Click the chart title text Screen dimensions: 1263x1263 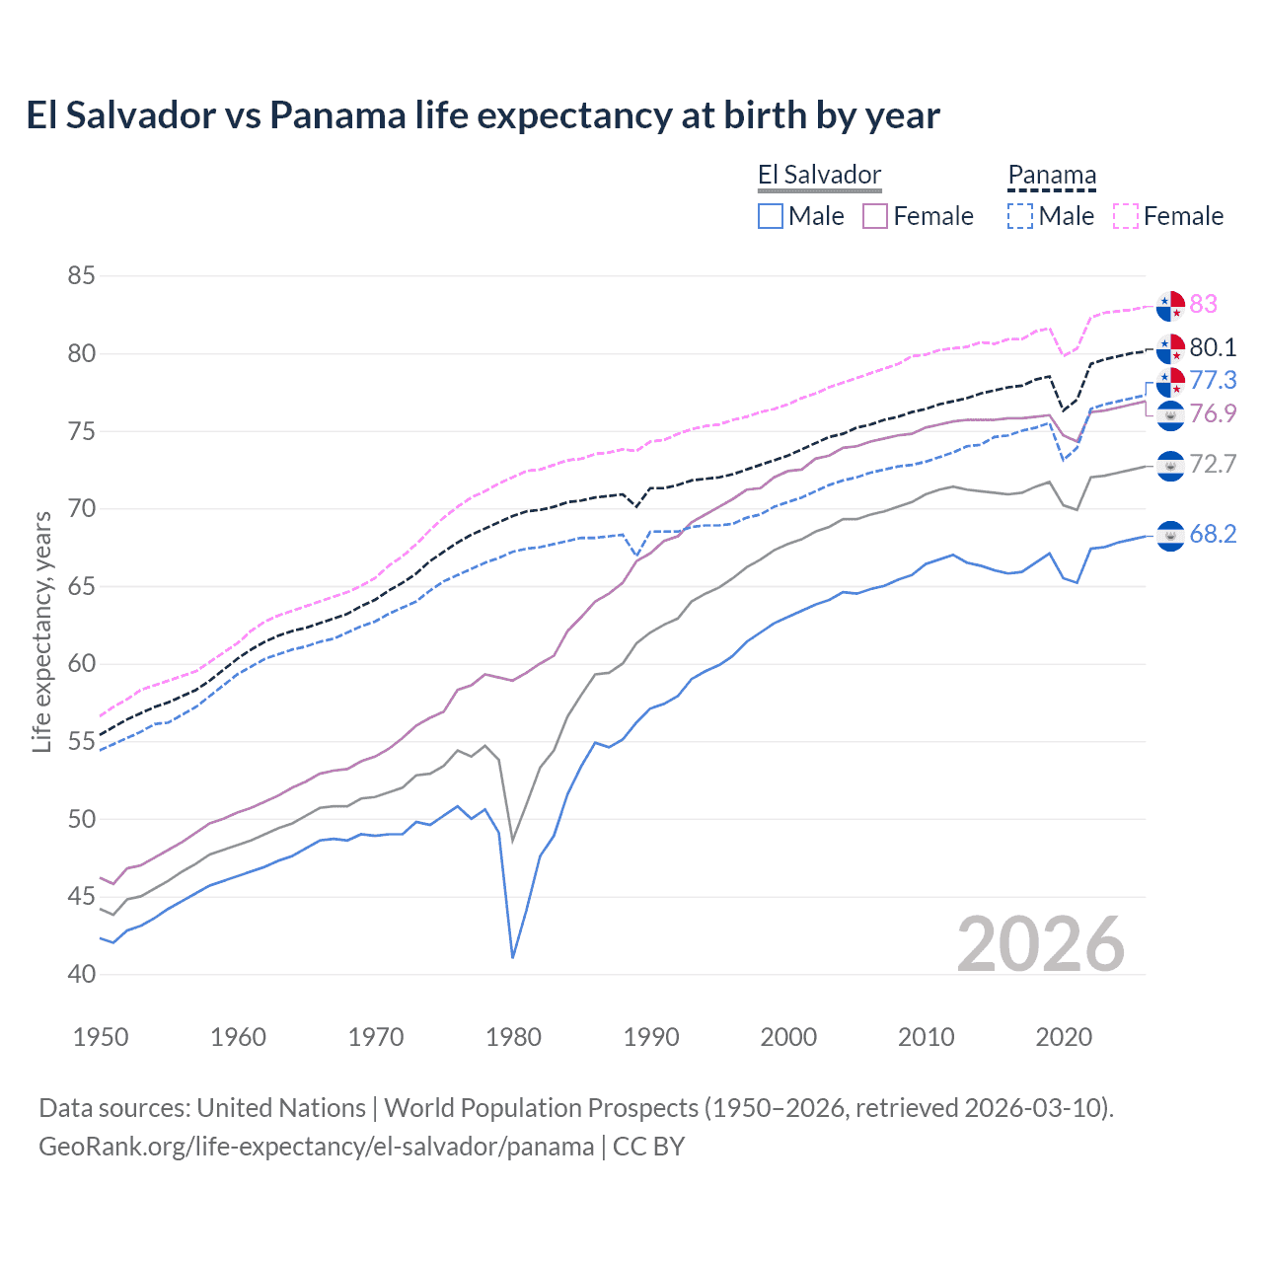[x=483, y=115]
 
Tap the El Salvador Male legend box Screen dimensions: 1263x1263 [x=771, y=216]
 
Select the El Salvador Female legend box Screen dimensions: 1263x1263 [x=875, y=216]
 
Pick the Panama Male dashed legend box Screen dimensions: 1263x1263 [x=1020, y=216]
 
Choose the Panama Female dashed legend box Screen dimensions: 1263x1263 [x=1126, y=216]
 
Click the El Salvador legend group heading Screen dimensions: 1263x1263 [x=819, y=176]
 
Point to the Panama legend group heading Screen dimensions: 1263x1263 [x=1052, y=176]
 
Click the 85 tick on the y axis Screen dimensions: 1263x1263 [x=81, y=275]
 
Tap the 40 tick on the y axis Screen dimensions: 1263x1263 [x=81, y=974]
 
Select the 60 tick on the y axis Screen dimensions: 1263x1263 [x=81, y=663]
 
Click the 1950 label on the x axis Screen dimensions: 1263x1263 [x=101, y=1037]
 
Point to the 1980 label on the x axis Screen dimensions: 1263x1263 [x=513, y=1037]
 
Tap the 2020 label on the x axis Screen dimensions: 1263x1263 [x=1064, y=1037]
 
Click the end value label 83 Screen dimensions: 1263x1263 [x=1203, y=304]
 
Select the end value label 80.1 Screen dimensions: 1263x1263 [x=1213, y=347]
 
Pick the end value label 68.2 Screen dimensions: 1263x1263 [x=1213, y=534]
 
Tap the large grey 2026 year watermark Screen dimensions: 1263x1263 [x=1040, y=944]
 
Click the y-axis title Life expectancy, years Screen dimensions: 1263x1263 [x=41, y=631]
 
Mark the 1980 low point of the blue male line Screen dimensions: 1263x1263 [x=513, y=957]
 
